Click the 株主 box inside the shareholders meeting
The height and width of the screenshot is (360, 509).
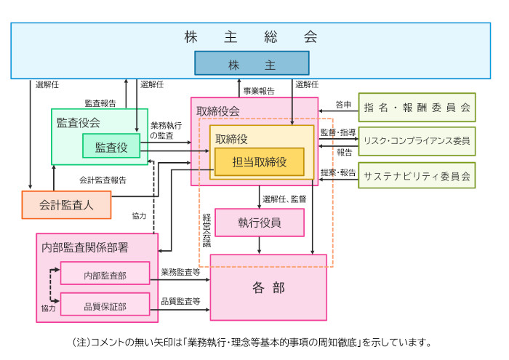tap(252, 63)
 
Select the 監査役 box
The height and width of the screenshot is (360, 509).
tap(111, 147)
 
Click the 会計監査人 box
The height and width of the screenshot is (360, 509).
tap(66, 205)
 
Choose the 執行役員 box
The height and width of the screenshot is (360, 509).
tap(260, 223)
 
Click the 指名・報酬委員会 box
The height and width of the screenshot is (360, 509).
tap(417, 107)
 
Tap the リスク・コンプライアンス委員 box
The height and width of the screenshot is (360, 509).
tap(417, 141)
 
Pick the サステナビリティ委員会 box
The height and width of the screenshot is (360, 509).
tap(417, 175)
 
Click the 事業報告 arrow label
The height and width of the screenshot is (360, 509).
tap(258, 91)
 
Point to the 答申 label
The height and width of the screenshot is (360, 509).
tap(344, 105)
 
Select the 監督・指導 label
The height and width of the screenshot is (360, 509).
tap(338, 132)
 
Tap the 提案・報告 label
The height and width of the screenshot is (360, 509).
tap(338, 172)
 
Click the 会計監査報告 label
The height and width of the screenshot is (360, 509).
tap(102, 180)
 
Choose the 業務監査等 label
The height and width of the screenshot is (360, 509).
tap(180, 272)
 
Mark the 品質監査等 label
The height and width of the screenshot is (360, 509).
tap(180, 301)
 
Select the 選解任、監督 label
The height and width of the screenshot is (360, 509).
tap(284, 199)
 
